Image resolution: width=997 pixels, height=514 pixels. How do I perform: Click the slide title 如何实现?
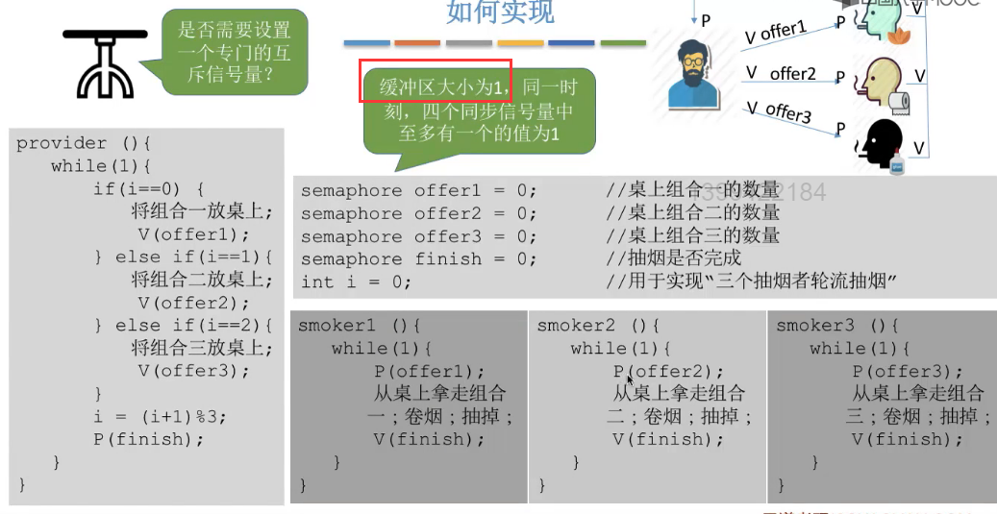tap(500, 12)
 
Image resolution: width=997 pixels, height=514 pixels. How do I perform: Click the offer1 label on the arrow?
tap(783, 32)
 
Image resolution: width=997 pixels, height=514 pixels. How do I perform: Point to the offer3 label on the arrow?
tap(787, 112)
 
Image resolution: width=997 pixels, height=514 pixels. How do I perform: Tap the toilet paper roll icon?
tap(899, 100)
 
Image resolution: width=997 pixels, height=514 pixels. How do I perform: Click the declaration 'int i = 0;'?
tap(356, 281)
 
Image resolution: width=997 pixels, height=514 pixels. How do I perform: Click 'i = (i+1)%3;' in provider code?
tap(160, 417)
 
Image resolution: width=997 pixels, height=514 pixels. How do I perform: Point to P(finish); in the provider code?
tap(149, 439)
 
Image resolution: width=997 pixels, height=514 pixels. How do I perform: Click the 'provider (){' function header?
tap(85, 143)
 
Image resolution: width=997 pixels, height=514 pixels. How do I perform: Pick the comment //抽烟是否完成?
tap(674, 258)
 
